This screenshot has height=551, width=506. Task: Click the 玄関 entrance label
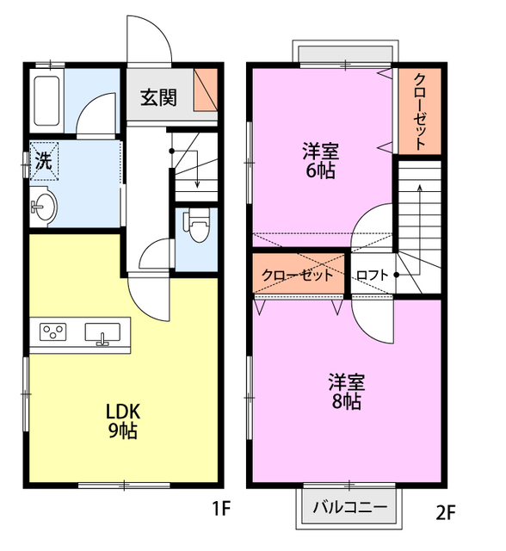click(x=158, y=97)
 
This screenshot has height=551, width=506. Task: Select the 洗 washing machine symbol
click(x=43, y=159)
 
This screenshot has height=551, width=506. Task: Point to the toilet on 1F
click(x=198, y=228)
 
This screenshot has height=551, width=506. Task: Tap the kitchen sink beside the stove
click(x=104, y=333)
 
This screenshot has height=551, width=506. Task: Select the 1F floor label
click(x=221, y=509)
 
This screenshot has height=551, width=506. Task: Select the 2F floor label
click(x=444, y=514)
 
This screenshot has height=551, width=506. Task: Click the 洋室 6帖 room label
click(x=319, y=160)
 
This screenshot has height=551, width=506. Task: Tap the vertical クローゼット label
click(x=419, y=110)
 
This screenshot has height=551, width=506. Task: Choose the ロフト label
click(x=372, y=275)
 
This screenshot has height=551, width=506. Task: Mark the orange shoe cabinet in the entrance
click(x=205, y=90)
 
